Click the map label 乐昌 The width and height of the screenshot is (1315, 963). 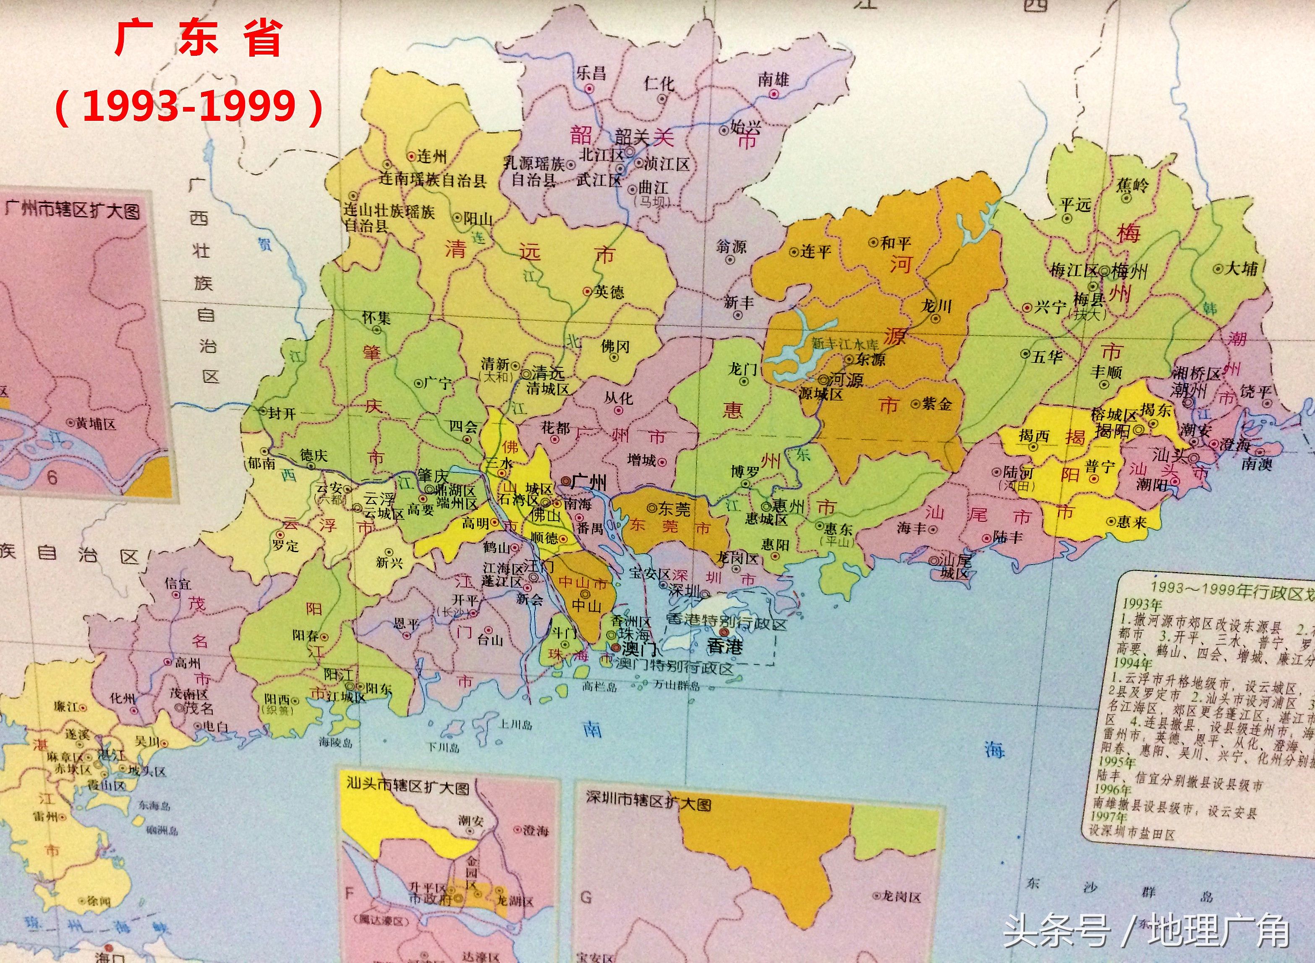point(591,73)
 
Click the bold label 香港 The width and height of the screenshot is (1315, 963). point(725,645)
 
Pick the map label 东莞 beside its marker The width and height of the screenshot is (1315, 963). point(674,509)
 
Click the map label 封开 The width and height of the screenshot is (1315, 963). point(282,413)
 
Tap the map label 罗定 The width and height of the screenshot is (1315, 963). point(285,545)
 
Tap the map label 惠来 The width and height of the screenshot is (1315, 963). point(1131,521)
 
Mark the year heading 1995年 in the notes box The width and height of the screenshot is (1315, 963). point(1115,762)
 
